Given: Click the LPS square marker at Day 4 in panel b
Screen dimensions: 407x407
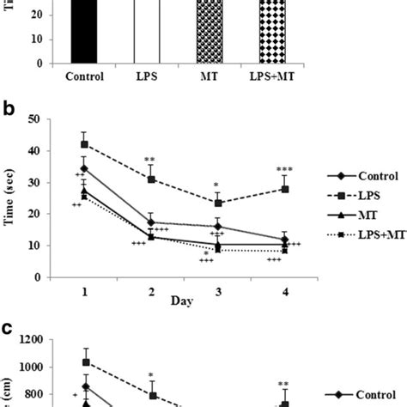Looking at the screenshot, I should (x=285, y=189).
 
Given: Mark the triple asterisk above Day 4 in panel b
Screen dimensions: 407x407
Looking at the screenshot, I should (x=285, y=168).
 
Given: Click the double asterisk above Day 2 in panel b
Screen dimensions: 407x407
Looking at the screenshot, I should (x=150, y=160).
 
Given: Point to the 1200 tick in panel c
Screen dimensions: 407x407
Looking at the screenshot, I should (x=43, y=341).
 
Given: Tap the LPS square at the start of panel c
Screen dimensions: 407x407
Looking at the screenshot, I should (x=84, y=361).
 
